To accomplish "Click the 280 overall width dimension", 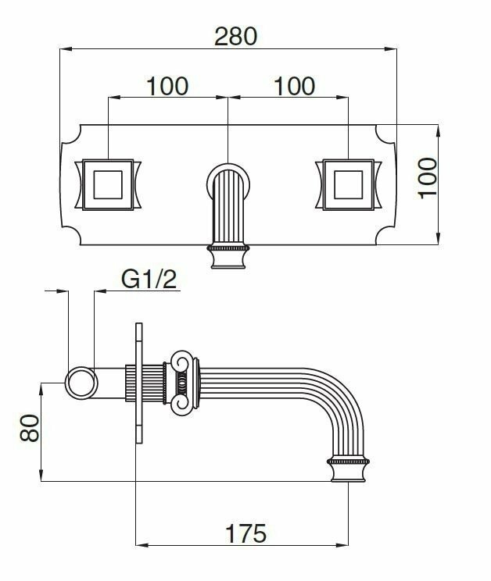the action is coord(236,36).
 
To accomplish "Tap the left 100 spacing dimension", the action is coord(167,86).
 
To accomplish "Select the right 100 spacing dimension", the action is coord(295,86).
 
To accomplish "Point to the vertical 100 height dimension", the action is coord(428,178).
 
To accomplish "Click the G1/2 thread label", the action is coord(149,279).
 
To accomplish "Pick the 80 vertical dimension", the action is coord(29,428).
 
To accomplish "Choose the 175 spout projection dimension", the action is coord(245,533).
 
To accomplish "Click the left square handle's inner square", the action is coord(108,184).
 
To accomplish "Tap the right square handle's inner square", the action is coord(348,184).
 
